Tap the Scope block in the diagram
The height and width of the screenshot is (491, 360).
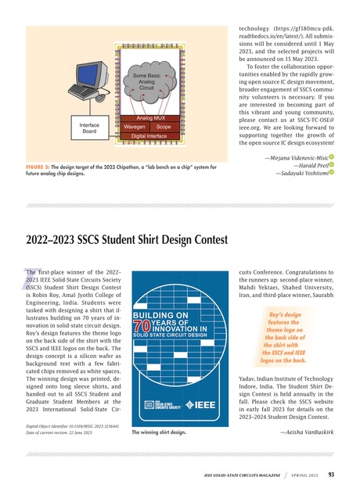(163, 126)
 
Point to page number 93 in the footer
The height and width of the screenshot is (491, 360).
(332, 474)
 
